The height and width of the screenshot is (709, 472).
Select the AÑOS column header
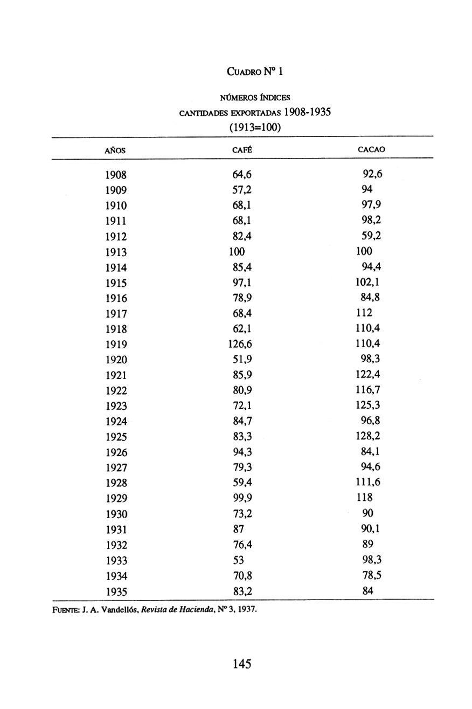click(x=115, y=150)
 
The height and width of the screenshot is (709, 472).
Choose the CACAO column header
click(x=371, y=149)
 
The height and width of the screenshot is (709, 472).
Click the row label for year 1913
click(x=116, y=252)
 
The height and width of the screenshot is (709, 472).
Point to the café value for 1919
click(x=240, y=343)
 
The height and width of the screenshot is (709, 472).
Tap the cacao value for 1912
click(x=372, y=236)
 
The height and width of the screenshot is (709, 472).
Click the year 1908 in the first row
click(x=116, y=175)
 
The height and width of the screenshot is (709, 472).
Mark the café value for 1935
click(x=242, y=591)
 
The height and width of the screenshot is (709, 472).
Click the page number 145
click(x=242, y=664)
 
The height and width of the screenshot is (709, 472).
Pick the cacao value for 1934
click(x=372, y=575)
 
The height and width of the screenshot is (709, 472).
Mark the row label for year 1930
click(x=116, y=514)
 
